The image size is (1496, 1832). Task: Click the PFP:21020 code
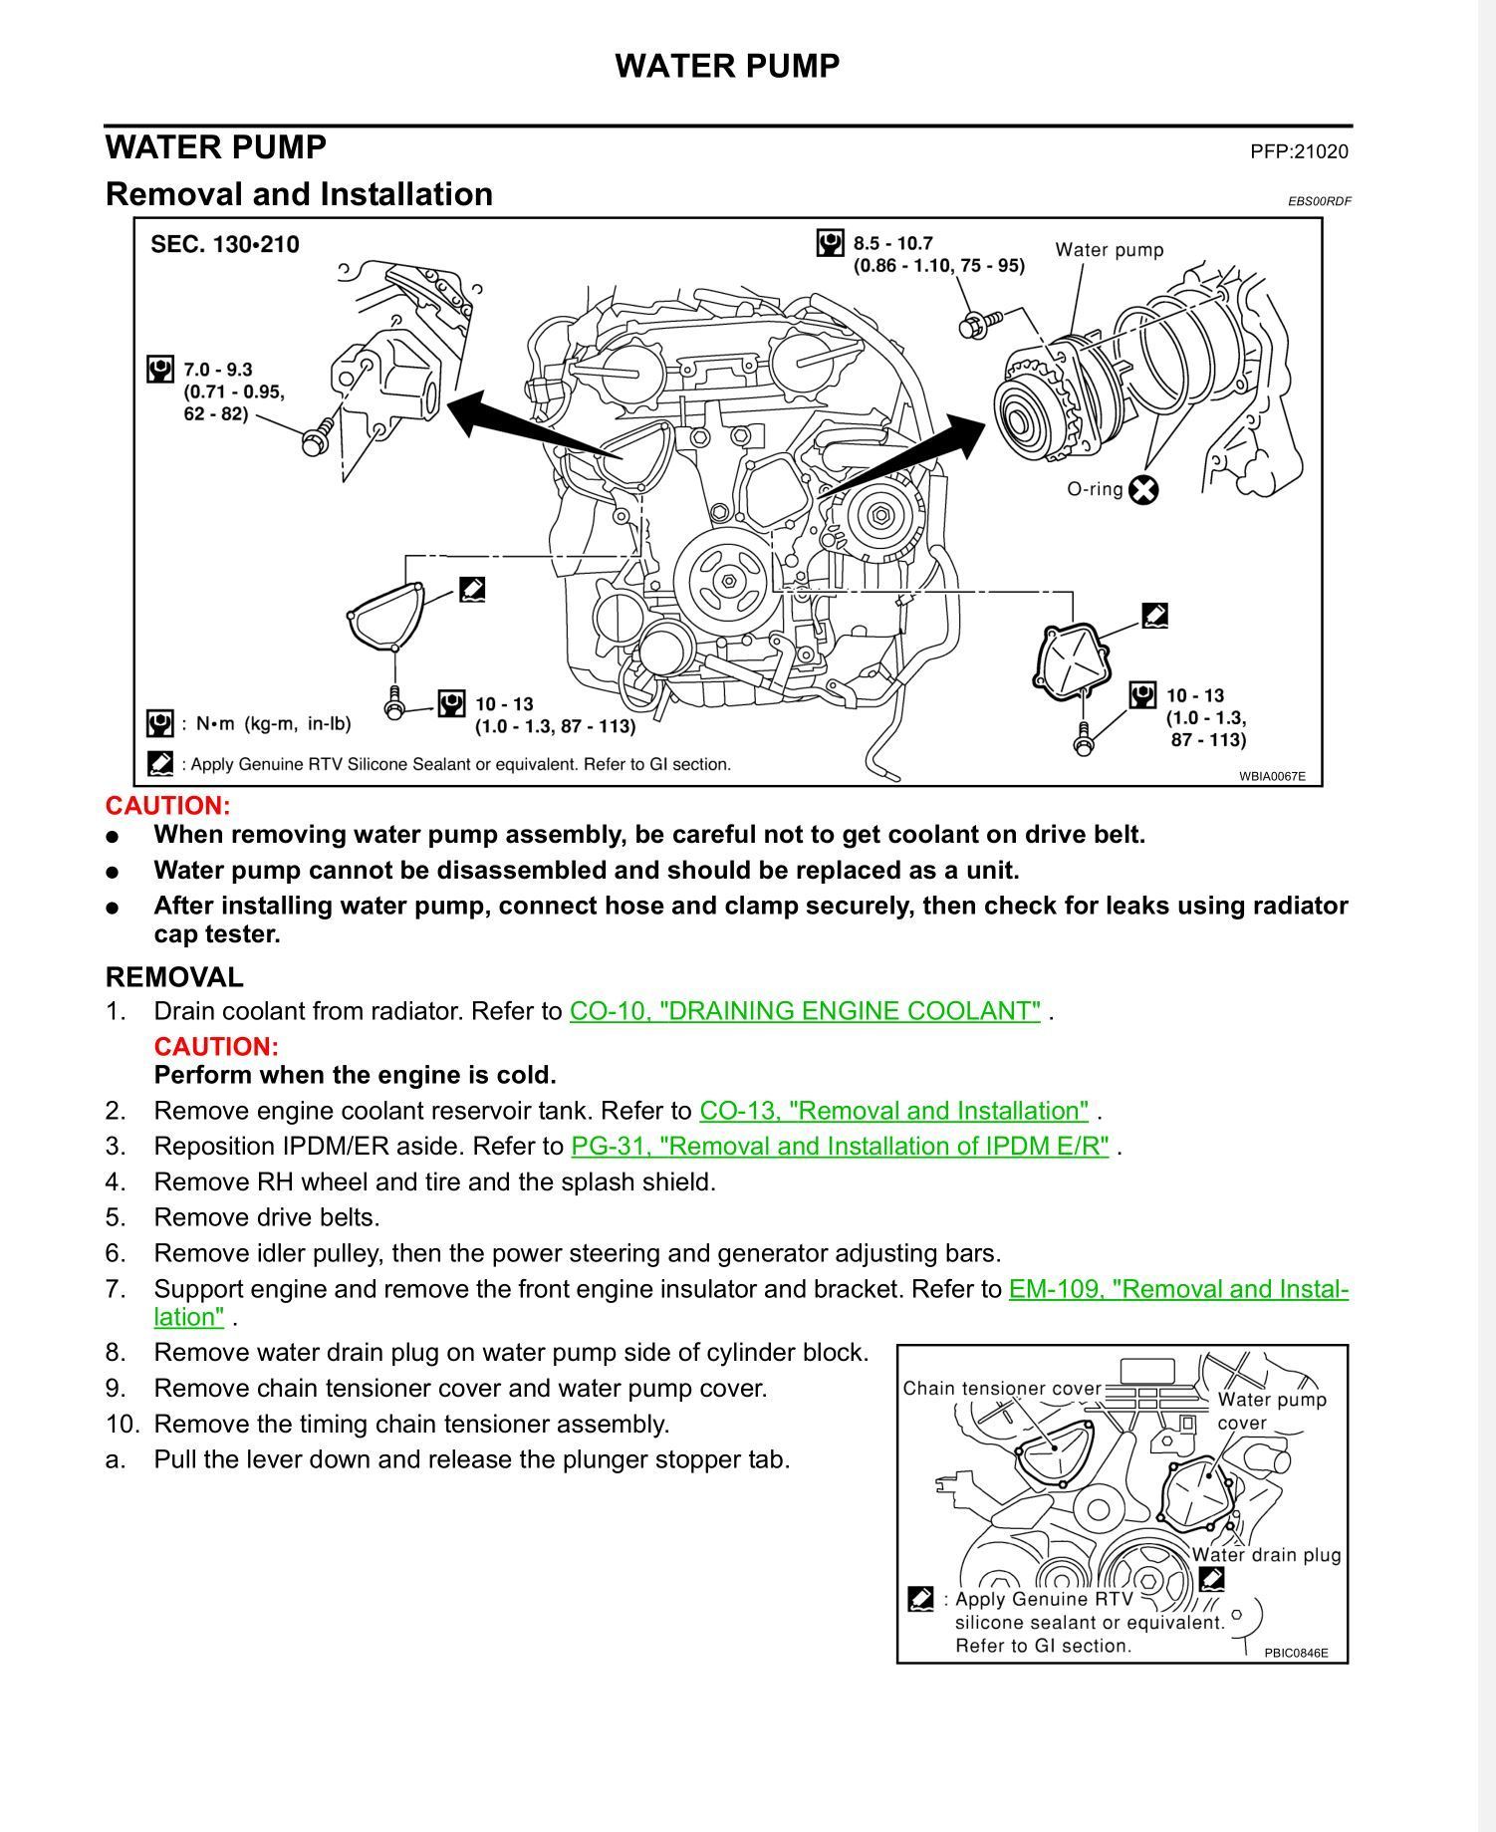coord(1299,151)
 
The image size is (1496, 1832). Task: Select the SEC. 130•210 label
coord(224,244)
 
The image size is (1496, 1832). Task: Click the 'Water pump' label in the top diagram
coord(1110,249)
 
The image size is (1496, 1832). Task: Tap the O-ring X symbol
coord(1144,489)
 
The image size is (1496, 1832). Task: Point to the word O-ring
coord(1095,489)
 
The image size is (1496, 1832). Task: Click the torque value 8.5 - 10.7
coord(892,243)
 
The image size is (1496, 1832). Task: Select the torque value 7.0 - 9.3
coord(217,370)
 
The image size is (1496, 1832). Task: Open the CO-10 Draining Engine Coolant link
coord(805,1011)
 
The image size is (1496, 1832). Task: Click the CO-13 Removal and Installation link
coord(893,1111)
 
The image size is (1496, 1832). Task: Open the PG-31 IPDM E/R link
coord(840,1147)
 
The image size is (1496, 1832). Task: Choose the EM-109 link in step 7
coord(1178,1289)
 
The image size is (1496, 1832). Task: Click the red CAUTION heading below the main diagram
coord(167,806)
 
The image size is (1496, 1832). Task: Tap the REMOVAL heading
coord(174,977)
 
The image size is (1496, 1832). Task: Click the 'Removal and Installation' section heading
coord(299,194)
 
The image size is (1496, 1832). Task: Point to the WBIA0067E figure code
coord(1272,776)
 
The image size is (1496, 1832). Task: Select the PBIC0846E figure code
coord(1296,1653)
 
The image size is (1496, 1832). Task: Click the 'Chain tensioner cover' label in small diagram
coord(1002,1389)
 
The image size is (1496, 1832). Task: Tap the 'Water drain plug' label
coord(1266,1555)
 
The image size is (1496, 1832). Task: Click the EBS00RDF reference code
coord(1320,201)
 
